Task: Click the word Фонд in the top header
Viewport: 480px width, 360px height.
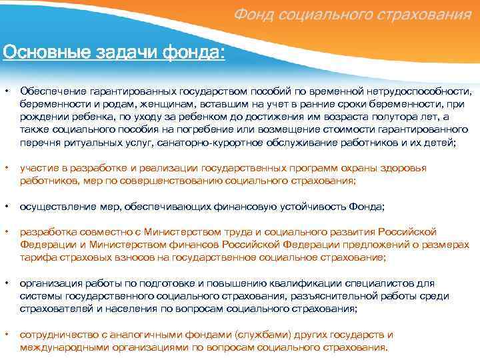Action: (255, 15)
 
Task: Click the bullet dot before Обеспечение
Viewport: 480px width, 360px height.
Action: (5, 91)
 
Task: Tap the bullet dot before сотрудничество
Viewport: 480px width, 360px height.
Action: (5, 335)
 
